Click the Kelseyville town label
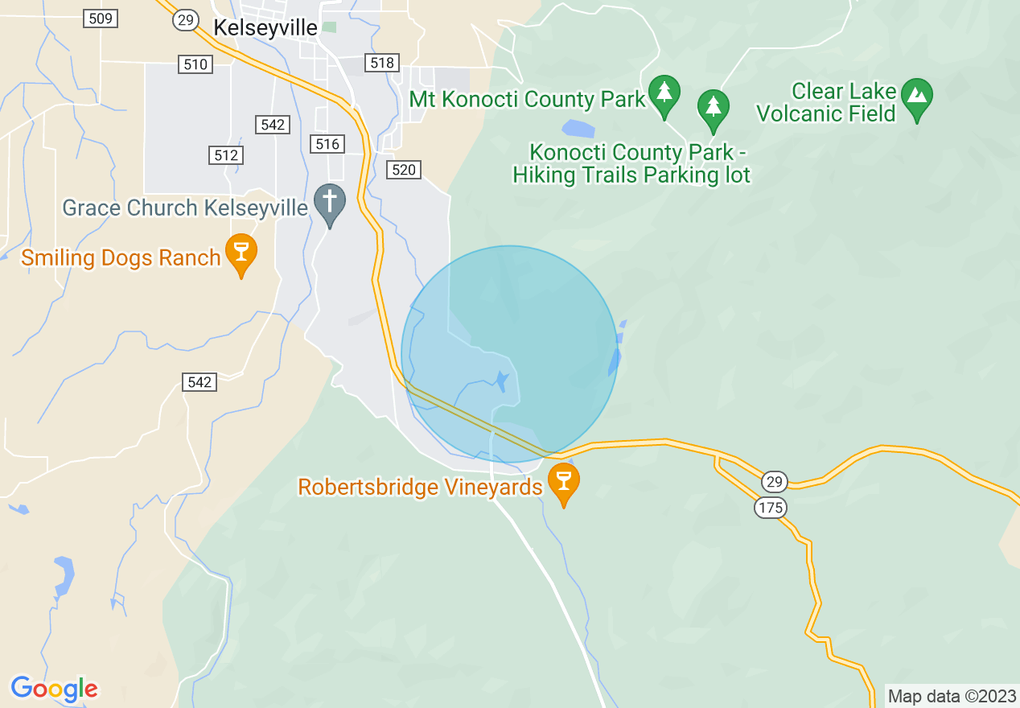(x=265, y=27)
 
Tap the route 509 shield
(x=101, y=19)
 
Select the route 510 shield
(x=195, y=64)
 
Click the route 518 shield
(x=382, y=63)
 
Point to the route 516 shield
(x=327, y=144)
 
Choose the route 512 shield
(x=225, y=155)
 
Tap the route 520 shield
(x=403, y=169)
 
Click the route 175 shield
(x=771, y=508)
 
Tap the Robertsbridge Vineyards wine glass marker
(x=564, y=480)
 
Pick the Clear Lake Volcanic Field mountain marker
(x=916, y=97)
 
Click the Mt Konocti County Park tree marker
(x=664, y=93)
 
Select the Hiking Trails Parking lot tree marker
(x=713, y=107)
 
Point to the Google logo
(x=54, y=689)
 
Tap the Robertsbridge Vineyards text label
(x=420, y=488)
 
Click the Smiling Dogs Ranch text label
(x=121, y=257)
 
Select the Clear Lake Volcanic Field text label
(x=826, y=102)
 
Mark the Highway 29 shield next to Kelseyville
(x=186, y=20)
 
